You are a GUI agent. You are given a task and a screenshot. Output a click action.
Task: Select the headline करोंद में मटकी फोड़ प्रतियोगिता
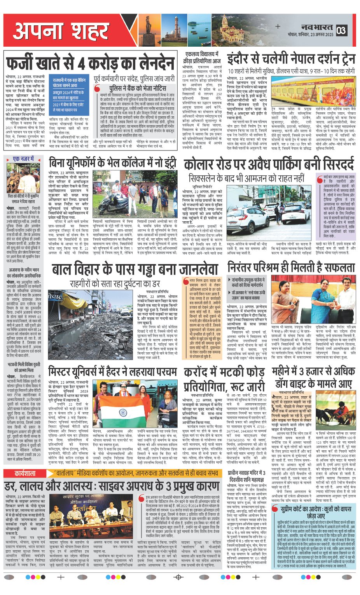point(224,379)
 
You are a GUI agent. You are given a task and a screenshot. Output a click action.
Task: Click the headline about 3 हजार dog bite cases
point(313,377)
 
